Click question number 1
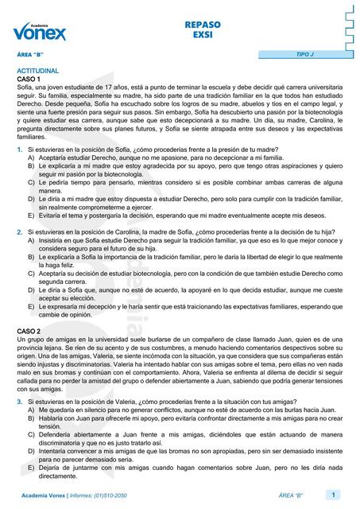click(x=20, y=150)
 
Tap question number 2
click(x=20, y=231)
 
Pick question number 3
click(x=20, y=381)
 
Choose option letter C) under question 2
click(x=32, y=273)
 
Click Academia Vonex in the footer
click(x=47, y=496)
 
